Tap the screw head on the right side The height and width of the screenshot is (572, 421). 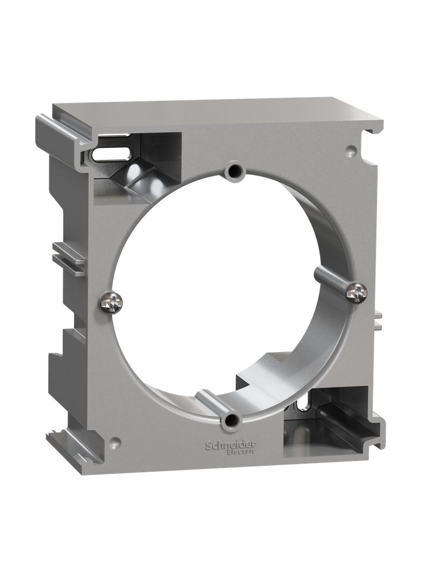click(x=357, y=291)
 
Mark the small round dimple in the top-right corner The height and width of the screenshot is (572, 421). click(x=350, y=149)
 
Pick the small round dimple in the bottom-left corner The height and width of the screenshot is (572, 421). click(x=116, y=442)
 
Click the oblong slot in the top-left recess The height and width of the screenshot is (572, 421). click(x=111, y=153)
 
